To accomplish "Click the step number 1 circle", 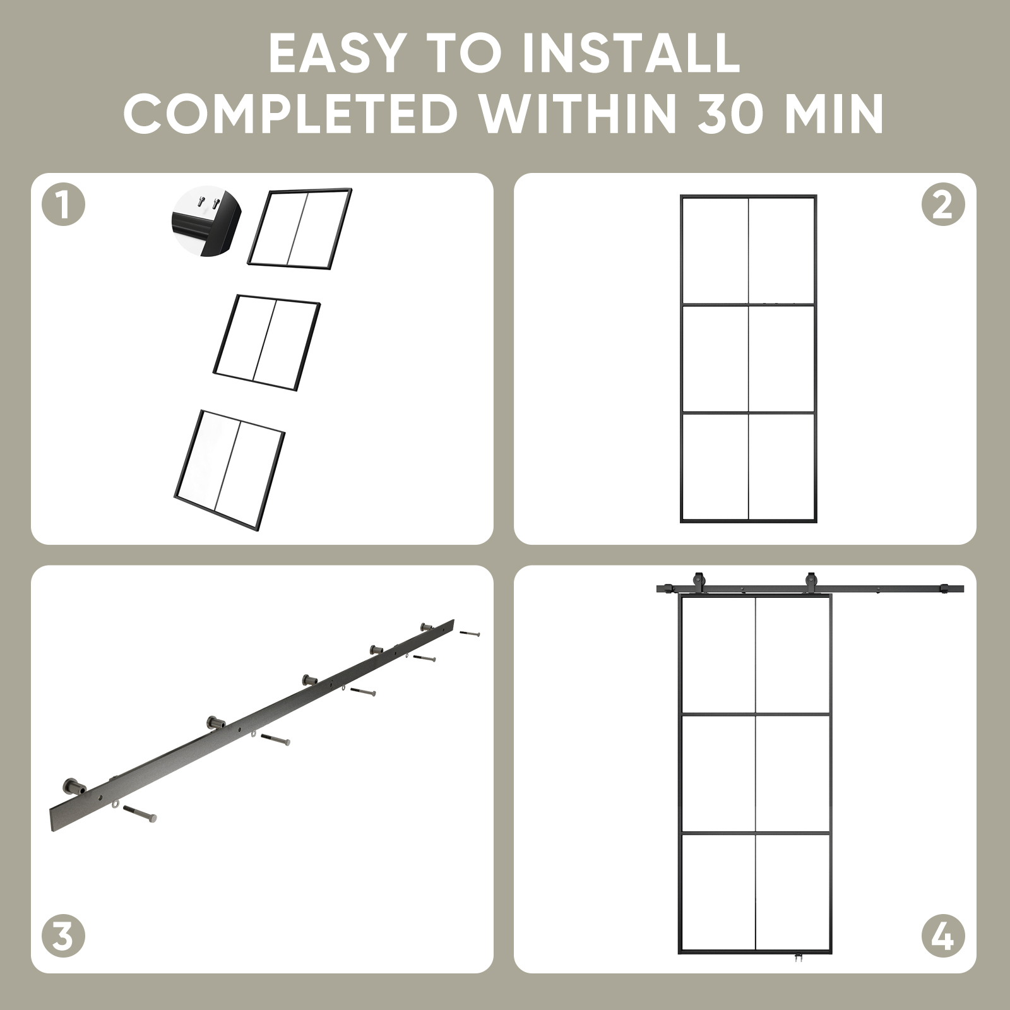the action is [x=63, y=205].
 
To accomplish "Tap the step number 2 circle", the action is [x=943, y=205].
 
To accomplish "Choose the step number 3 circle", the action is [x=63, y=937].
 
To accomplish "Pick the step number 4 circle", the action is [x=943, y=937].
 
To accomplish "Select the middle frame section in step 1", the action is [x=267, y=342].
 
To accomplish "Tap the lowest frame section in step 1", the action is [x=230, y=469].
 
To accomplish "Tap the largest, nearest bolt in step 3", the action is [x=140, y=814].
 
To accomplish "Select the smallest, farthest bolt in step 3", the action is [x=469, y=633].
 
